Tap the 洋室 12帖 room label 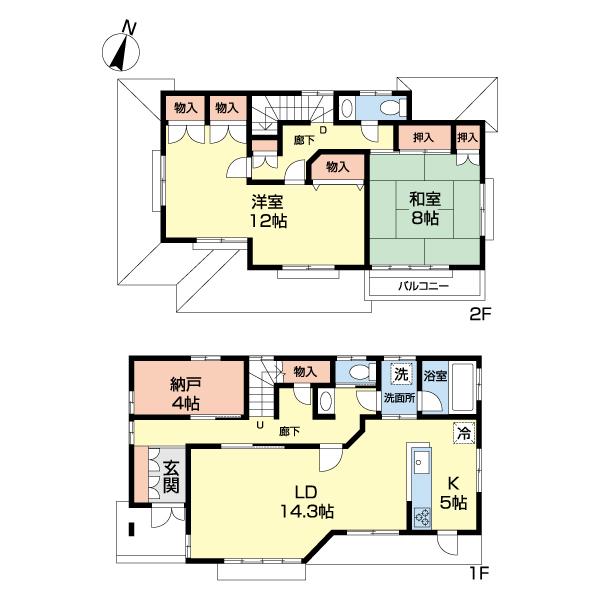(x=268, y=211)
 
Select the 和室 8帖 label (x=425, y=209)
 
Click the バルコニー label (x=423, y=286)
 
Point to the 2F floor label (x=479, y=314)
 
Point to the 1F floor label (x=479, y=573)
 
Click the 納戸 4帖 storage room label (x=185, y=393)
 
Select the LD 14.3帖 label (x=307, y=501)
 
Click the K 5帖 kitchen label (x=453, y=493)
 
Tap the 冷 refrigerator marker (x=464, y=434)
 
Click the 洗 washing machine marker (x=401, y=373)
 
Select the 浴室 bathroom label (x=435, y=375)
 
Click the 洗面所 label (x=399, y=398)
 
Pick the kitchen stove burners (x=422, y=517)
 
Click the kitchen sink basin (x=422, y=463)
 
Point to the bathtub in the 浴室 (x=463, y=386)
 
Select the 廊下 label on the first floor (x=289, y=432)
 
